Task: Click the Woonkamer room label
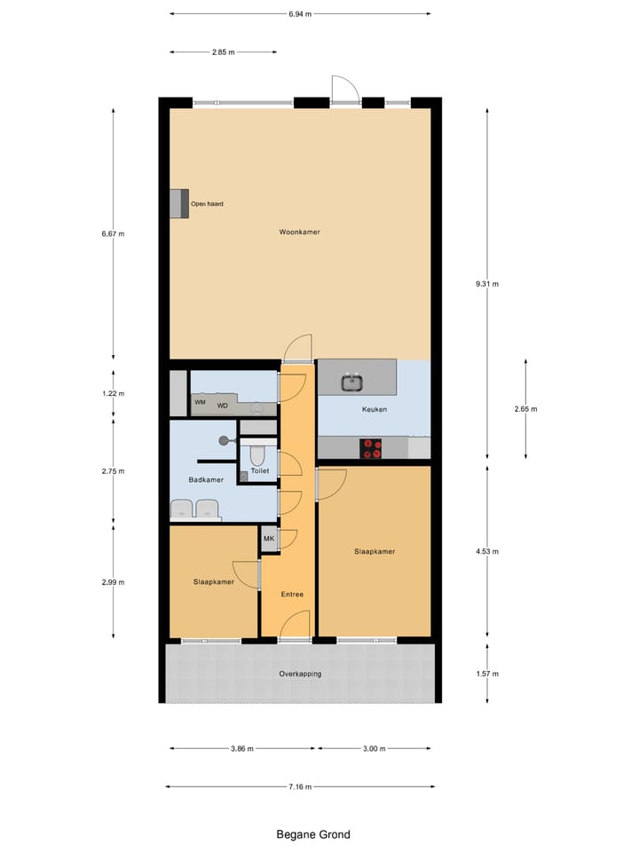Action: click(x=299, y=232)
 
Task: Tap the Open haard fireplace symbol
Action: click(x=179, y=203)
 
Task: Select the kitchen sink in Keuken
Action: click(x=352, y=383)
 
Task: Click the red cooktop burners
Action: click(x=370, y=449)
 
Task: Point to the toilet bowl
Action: click(x=258, y=455)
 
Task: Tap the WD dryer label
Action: click(x=222, y=406)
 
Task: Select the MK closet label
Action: click(x=268, y=538)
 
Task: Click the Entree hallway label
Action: click(x=292, y=594)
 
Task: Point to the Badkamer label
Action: click(x=206, y=480)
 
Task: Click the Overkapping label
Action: click(x=300, y=674)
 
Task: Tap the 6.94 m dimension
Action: click(x=300, y=14)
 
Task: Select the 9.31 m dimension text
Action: click(x=486, y=284)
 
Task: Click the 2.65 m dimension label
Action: click(x=525, y=409)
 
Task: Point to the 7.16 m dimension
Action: click(x=300, y=786)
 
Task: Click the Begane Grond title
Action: click(x=312, y=834)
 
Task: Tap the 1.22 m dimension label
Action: click(x=114, y=394)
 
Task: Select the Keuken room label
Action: click(x=374, y=410)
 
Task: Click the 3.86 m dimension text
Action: click(x=241, y=748)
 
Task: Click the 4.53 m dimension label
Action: click(x=486, y=551)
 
